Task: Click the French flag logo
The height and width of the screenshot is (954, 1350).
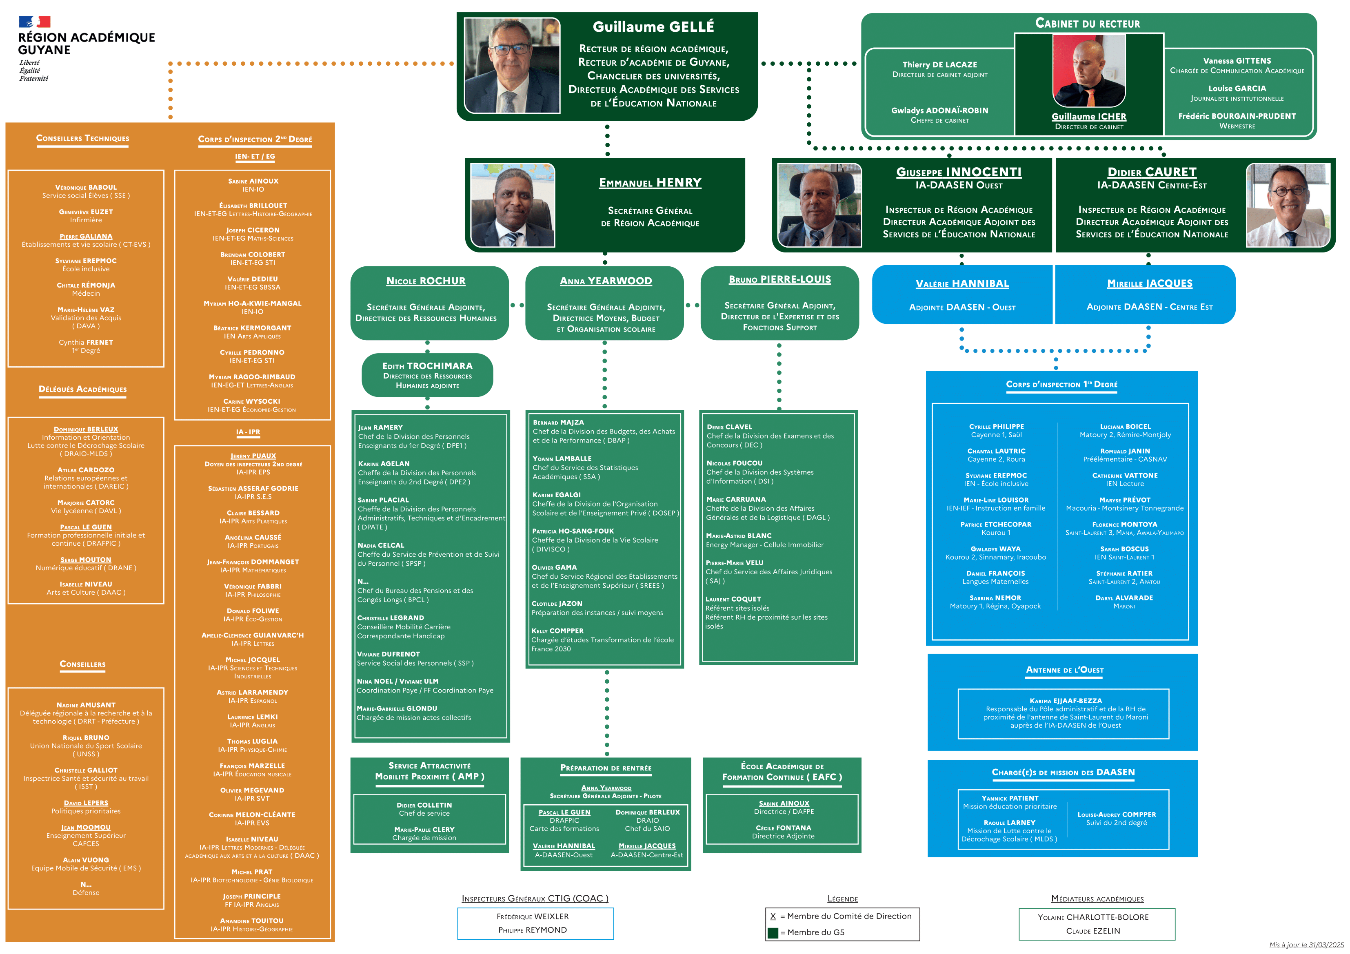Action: (34, 22)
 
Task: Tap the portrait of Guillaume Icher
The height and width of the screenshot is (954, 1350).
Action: (1088, 71)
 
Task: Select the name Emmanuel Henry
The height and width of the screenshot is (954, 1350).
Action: (650, 183)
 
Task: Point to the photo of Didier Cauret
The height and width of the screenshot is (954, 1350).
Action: (1288, 205)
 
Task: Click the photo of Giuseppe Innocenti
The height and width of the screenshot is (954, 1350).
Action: (819, 205)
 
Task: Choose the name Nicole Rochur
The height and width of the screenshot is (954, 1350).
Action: (426, 281)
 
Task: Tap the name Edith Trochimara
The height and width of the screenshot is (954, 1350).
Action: (427, 365)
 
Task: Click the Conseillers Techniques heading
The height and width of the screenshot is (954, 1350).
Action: (83, 139)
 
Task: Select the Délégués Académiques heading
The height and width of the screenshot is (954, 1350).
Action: (83, 389)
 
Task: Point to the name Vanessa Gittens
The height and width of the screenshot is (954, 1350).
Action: (1237, 60)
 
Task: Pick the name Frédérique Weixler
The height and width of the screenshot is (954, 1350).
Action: (533, 916)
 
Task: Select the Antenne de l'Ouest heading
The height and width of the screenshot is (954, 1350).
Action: (1064, 670)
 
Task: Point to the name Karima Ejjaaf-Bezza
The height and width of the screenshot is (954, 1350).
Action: (1066, 701)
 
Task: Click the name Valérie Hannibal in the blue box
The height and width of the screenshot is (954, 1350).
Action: (962, 284)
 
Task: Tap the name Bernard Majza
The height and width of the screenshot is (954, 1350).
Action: (558, 423)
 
